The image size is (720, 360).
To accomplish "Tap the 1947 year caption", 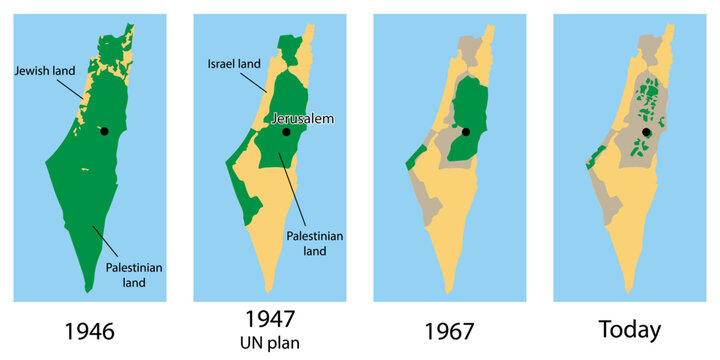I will pyautogui.click(x=269, y=319).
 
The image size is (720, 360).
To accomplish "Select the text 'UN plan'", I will pyautogui.click(x=269, y=342).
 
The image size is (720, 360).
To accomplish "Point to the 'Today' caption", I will pyautogui.click(x=628, y=330).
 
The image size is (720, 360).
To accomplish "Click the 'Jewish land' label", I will pyautogui.click(x=44, y=70).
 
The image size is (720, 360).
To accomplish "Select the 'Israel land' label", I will pyautogui.click(x=235, y=64).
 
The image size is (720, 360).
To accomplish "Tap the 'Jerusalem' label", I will pyautogui.click(x=302, y=118).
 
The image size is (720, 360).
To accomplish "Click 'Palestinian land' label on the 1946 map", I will pyautogui.click(x=134, y=275).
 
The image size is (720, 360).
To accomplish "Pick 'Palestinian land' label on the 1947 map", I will pyautogui.click(x=315, y=243).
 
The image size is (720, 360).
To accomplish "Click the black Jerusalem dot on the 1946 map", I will pyautogui.click(x=105, y=131).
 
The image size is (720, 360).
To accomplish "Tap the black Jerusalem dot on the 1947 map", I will pyautogui.click(x=286, y=131).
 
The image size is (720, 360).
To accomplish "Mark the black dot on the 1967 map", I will pyautogui.click(x=465, y=131).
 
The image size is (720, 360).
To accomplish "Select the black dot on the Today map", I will pyautogui.click(x=646, y=131).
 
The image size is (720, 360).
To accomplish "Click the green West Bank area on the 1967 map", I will pyautogui.click(x=463, y=120).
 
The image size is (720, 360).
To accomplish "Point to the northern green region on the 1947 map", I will pyautogui.click(x=290, y=50).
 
